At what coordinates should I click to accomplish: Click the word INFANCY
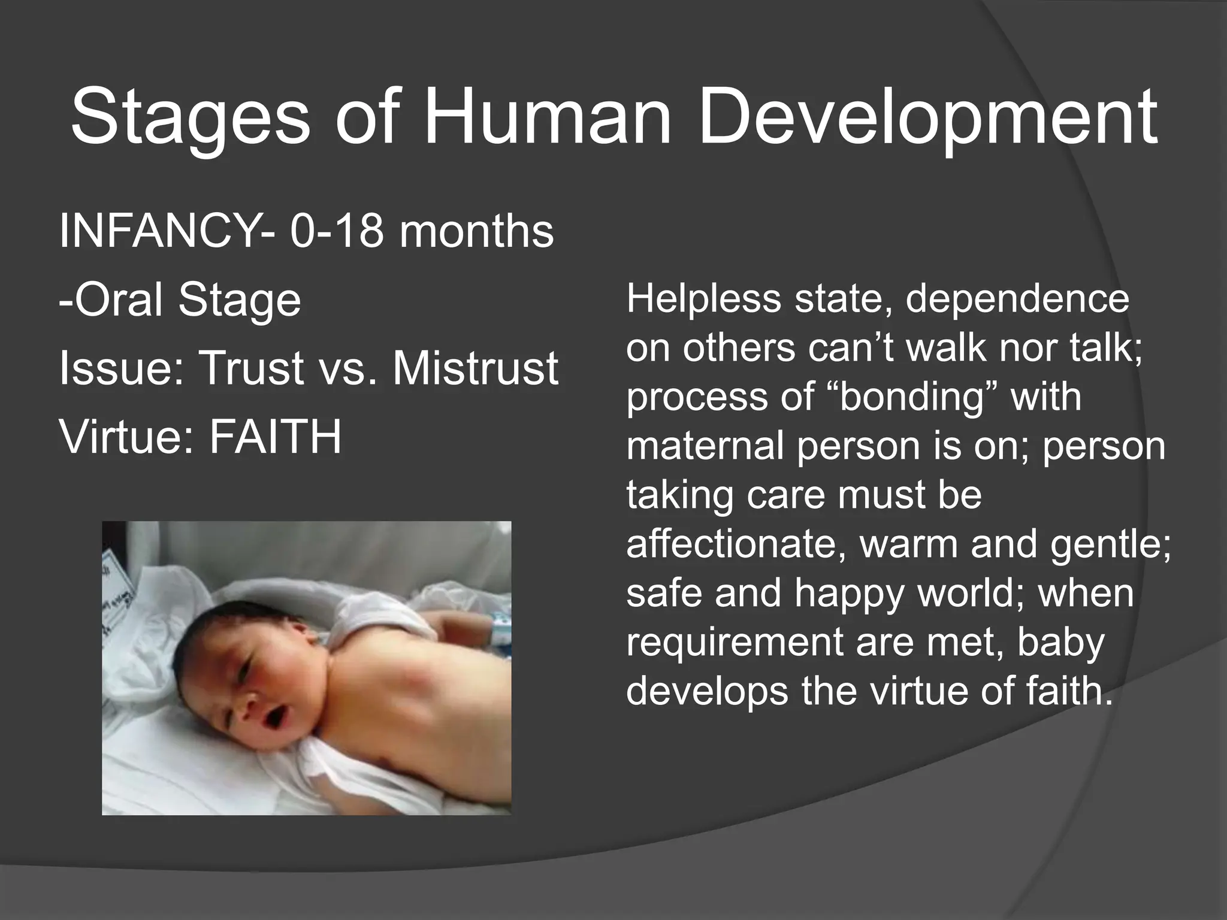tap(159, 232)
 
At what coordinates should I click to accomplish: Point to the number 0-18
tap(336, 232)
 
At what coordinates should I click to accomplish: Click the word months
tap(477, 232)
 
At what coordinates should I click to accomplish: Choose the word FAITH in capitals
tap(275, 436)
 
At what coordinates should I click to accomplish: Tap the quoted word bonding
tap(913, 397)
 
